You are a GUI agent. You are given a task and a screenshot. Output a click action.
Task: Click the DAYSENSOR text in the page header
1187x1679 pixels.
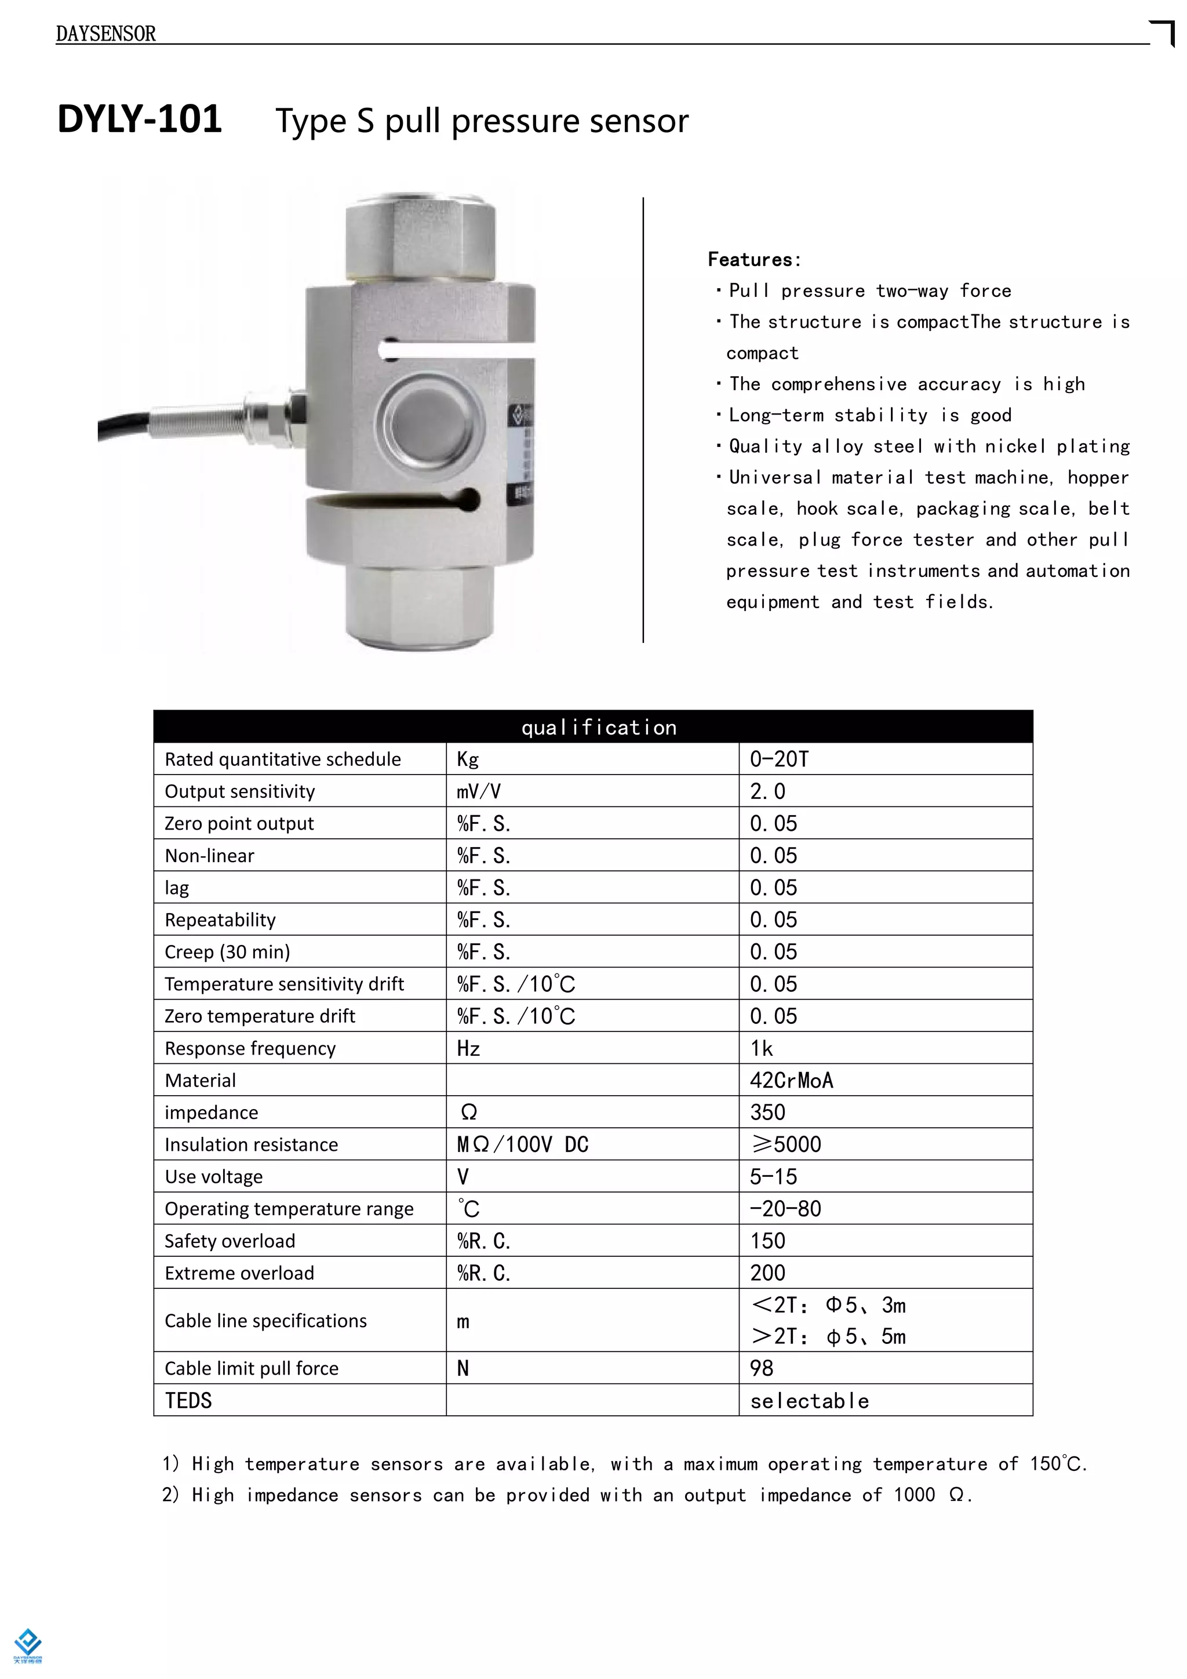point(106,34)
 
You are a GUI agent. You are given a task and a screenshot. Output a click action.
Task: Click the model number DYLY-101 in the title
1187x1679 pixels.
point(140,119)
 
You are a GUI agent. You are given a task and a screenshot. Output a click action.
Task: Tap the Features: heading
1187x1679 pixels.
point(753,260)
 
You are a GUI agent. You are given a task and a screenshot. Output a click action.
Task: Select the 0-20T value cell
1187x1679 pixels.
point(779,759)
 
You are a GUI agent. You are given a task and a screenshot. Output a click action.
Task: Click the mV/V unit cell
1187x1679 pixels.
point(479,791)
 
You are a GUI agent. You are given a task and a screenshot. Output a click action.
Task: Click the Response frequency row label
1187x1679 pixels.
point(250,1048)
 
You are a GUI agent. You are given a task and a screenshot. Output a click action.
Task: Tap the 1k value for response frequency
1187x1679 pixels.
point(761,1048)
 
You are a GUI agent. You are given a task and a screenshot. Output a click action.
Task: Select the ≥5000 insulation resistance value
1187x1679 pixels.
point(787,1144)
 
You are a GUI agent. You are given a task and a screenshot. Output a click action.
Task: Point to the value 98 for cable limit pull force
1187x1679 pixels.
point(761,1368)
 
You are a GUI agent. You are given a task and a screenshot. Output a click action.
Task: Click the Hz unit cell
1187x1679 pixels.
point(468,1048)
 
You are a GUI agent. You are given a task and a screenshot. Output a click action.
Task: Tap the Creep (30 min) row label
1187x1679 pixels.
point(227,951)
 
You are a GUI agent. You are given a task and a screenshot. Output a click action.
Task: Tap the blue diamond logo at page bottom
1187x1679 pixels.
point(28,1640)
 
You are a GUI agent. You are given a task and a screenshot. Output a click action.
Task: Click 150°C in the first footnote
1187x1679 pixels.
point(1056,1463)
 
